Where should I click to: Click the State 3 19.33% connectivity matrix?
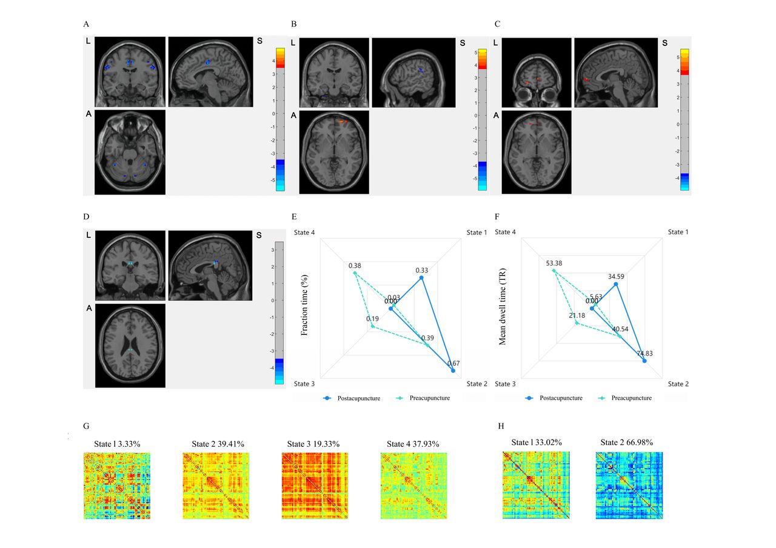pyautogui.click(x=315, y=486)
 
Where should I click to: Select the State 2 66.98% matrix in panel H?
pyautogui.click(x=629, y=485)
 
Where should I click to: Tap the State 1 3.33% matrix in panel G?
pyautogui.click(x=116, y=486)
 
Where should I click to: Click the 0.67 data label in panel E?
pyautogui.click(x=453, y=363)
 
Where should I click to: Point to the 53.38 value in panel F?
pyautogui.click(x=554, y=263)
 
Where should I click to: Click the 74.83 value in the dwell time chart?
pyautogui.click(x=644, y=353)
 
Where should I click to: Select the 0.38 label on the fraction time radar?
pyautogui.click(x=355, y=265)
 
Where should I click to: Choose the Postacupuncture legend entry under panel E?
pyautogui.click(x=353, y=398)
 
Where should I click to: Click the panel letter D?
pyautogui.click(x=87, y=216)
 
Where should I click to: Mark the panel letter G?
pyautogui.click(x=87, y=427)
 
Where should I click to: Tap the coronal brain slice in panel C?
pyautogui.click(x=537, y=73)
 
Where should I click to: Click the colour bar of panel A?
pyautogui.click(x=280, y=119)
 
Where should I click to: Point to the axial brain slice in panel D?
pyautogui.click(x=130, y=345)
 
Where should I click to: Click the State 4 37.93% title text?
pyautogui.click(x=413, y=444)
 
